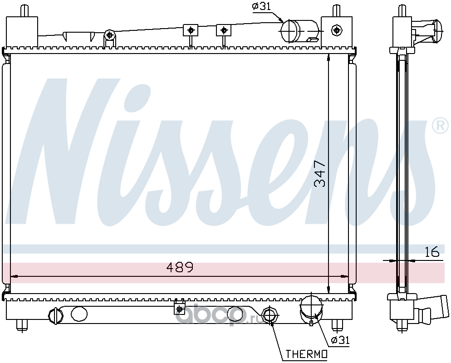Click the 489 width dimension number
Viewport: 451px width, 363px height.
[x=180, y=268]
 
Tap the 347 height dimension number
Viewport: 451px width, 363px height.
[x=320, y=174]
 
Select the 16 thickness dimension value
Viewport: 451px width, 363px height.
[x=432, y=251]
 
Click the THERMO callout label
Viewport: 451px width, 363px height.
[x=306, y=354]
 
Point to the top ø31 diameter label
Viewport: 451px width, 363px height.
[x=261, y=6]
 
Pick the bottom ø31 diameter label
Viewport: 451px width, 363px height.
[x=340, y=340]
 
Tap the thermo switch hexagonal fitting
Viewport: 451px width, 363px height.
[x=270, y=315]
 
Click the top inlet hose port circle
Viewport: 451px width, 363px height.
[x=290, y=31]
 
